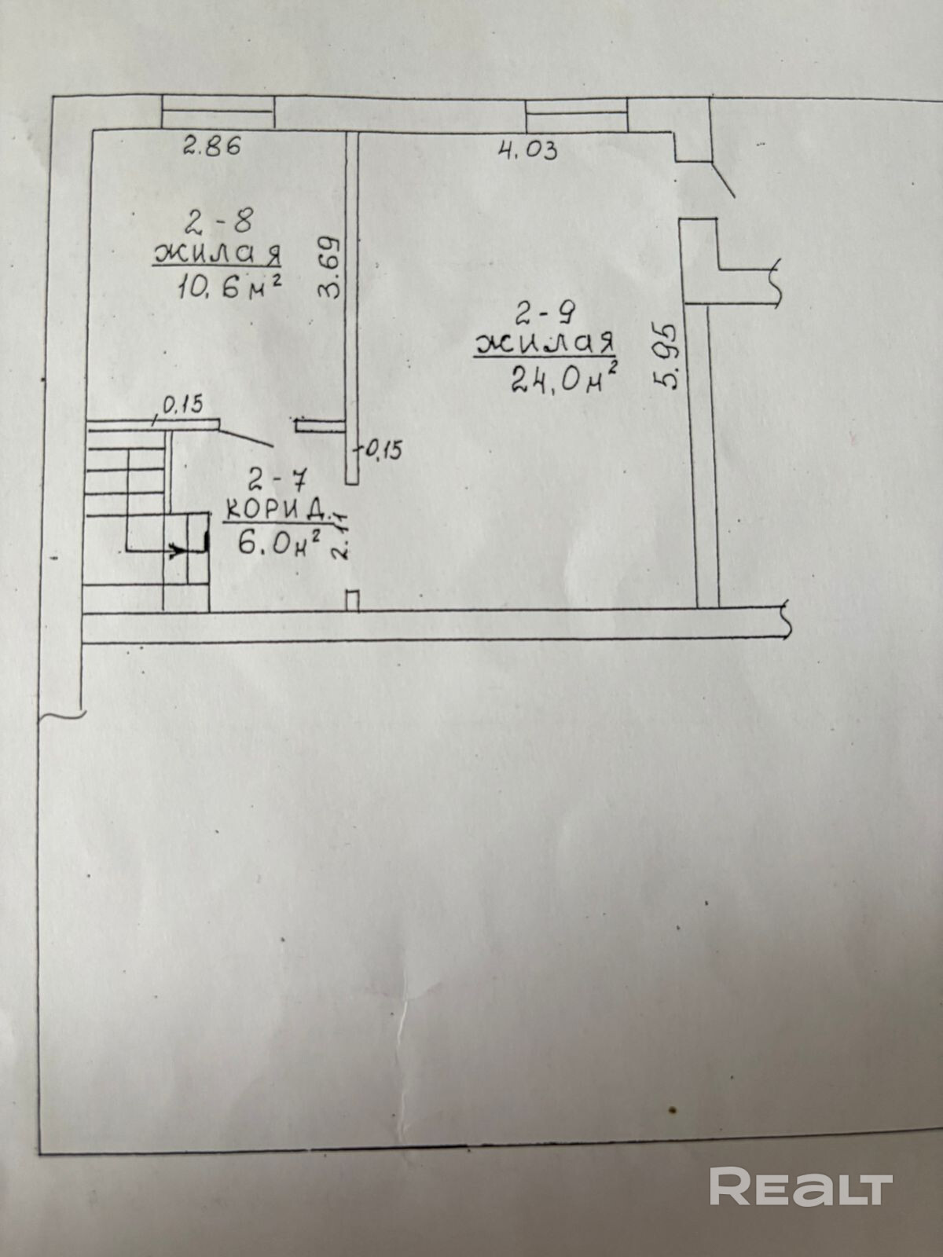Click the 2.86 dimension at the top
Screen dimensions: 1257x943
point(211,145)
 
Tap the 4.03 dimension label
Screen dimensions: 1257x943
point(528,148)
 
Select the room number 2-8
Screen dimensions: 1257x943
point(218,222)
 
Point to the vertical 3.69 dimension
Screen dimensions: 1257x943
point(330,267)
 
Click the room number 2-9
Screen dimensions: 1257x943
point(545,315)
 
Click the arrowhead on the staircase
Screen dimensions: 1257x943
point(180,550)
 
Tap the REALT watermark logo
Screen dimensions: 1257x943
point(801,1186)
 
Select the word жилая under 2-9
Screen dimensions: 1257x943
point(544,346)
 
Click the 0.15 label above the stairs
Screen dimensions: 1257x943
point(182,405)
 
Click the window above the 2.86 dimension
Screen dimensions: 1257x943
point(218,112)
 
